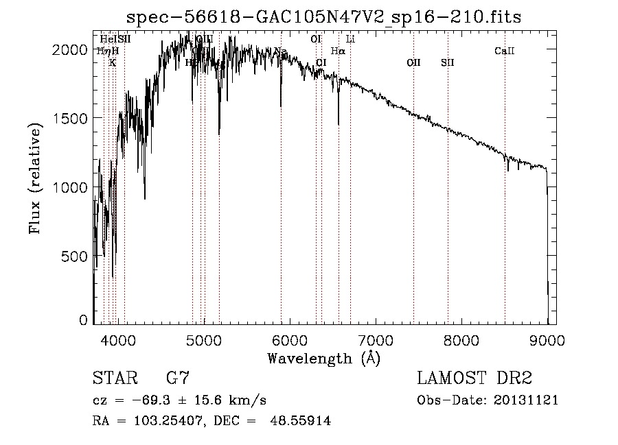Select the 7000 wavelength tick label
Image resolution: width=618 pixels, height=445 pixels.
376,338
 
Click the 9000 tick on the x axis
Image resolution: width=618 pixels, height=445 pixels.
547,338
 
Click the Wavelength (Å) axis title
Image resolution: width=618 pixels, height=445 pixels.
323,358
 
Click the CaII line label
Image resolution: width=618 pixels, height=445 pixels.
504,51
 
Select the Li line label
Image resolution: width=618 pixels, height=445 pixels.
350,39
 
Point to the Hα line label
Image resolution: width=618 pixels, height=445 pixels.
338,51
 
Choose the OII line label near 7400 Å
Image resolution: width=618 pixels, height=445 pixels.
413,62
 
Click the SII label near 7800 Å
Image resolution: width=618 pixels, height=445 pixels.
448,62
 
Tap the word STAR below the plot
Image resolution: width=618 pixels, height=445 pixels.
111,378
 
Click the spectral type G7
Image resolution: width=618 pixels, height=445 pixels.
178,378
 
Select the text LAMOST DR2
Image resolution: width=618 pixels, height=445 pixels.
474,378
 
